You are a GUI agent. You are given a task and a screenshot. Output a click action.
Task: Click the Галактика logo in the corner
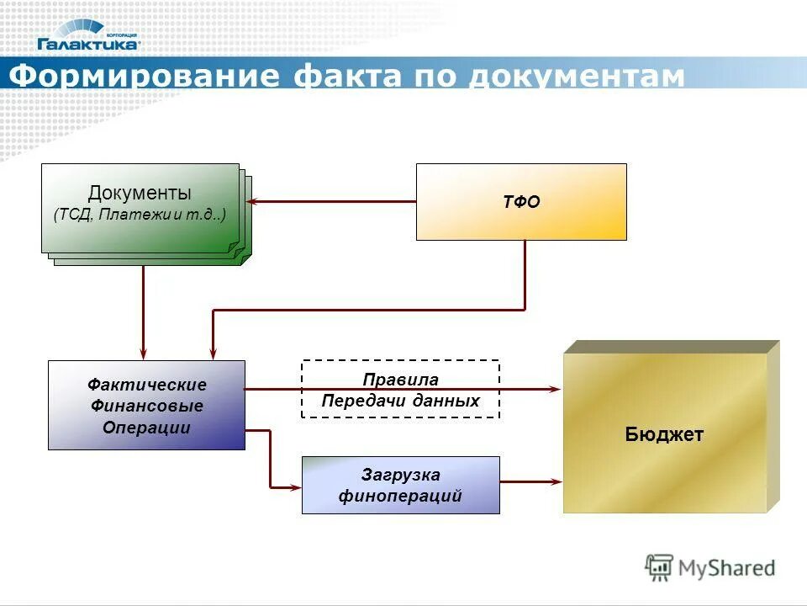88,35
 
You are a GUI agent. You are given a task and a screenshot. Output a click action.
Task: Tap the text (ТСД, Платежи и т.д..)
140,215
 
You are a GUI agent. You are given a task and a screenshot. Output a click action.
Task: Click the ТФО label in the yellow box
521,202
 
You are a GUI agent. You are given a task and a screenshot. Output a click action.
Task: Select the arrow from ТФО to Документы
336,202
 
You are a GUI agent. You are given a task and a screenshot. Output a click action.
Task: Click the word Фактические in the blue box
146,385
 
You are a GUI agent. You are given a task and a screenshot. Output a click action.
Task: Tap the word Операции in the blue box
146,428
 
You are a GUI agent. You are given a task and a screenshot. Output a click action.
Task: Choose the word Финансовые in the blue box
146,407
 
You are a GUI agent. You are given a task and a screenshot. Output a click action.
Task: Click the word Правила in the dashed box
400,380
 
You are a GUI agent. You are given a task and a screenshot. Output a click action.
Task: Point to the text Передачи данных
400,401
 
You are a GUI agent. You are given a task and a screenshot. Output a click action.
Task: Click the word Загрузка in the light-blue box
400,475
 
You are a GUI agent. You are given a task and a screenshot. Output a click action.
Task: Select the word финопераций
400,496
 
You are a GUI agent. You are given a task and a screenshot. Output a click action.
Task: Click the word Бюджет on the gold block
664,434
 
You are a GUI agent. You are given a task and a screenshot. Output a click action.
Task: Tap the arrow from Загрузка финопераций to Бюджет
530,481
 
